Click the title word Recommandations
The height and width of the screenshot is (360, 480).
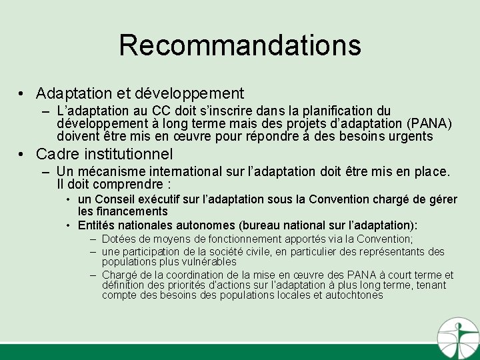(x=240, y=45)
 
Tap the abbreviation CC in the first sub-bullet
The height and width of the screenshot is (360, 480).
(x=163, y=111)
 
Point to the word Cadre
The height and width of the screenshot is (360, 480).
(x=59, y=155)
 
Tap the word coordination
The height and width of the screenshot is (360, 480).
(x=183, y=275)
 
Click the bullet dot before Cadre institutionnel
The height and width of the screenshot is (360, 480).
(x=23, y=155)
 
